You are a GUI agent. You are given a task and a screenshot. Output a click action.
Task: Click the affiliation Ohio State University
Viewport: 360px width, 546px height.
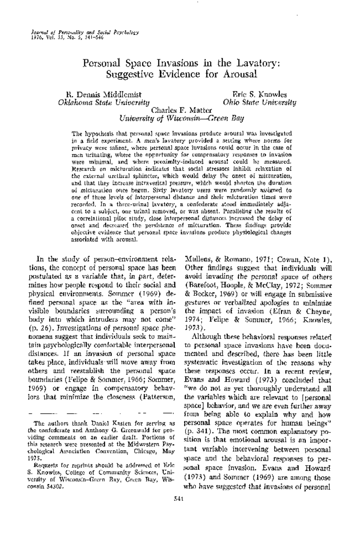[259, 103]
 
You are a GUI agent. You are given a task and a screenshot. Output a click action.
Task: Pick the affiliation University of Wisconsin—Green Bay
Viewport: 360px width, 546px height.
[182, 118]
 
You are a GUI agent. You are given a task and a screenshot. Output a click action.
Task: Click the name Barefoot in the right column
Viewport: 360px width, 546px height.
[199, 285]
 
